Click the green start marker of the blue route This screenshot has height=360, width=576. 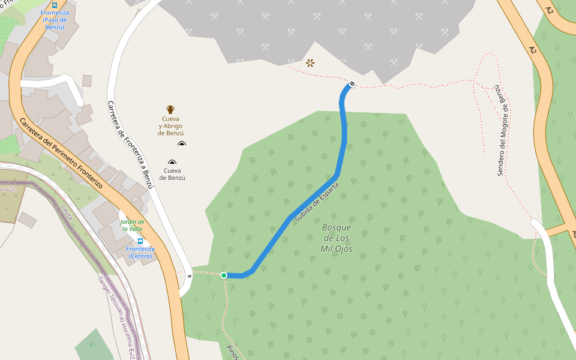tap(224, 275)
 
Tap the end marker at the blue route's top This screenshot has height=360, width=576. tap(352, 83)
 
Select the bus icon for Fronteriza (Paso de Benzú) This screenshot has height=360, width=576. tap(55, 5)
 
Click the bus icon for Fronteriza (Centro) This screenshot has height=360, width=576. tap(140, 241)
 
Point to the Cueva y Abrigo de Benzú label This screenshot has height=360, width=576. tap(171, 125)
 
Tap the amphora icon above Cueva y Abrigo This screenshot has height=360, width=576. tap(170, 110)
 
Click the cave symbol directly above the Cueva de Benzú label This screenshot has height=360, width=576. tap(173, 163)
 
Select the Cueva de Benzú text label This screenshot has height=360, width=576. tap(172, 178)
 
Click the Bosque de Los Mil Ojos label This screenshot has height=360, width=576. tap(337, 238)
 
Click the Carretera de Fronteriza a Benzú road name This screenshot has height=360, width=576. tap(130, 145)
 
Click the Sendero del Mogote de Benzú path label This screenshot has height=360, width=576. tap(503, 131)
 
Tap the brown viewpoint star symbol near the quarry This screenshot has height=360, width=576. tap(310, 62)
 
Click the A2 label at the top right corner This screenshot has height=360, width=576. tap(550, 10)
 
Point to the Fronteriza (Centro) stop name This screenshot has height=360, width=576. tap(140, 253)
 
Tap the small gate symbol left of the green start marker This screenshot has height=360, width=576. tap(190, 276)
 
